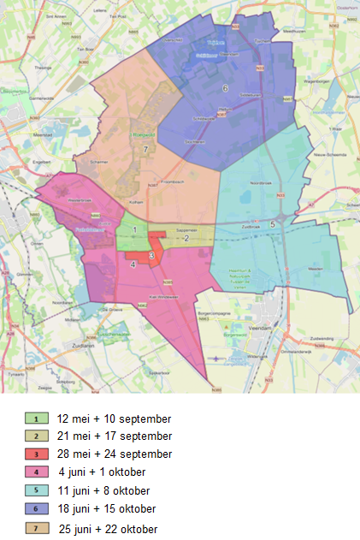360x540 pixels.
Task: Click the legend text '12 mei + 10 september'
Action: pyautogui.click(x=114, y=419)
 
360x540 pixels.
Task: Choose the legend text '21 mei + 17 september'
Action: pyautogui.click(x=114, y=436)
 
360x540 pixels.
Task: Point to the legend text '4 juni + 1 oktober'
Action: pyautogui.click(x=103, y=472)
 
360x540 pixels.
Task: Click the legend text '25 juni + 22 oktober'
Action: pyautogui.click(x=108, y=529)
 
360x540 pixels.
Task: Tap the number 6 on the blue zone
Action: pyautogui.click(x=226, y=88)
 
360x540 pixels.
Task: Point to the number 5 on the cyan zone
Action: pyautogui.click(x=272, y=224)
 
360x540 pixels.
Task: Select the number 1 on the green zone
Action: pyautogui.click(x=134, y=229)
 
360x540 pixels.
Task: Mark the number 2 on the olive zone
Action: pyautogui.click(x=186, y=238)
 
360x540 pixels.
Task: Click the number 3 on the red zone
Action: pyautogui.click(x=151, y=255)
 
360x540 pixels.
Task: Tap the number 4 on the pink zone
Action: pyautogui.click(x=133, y=264)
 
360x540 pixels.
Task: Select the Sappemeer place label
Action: pyautogui.click(x=187, y=230)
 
